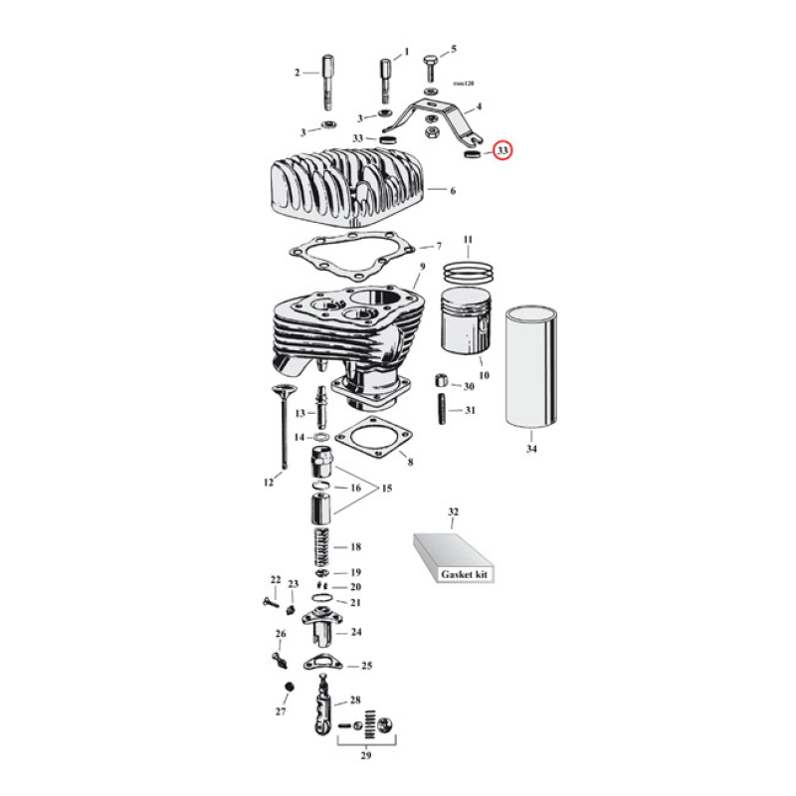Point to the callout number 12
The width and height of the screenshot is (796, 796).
(x=268, y=483)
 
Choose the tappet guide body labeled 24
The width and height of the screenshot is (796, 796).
(x=324, y=629)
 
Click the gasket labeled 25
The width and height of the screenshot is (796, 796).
(x=320, y=665)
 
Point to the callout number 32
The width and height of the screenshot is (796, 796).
(x=453, y=512)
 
